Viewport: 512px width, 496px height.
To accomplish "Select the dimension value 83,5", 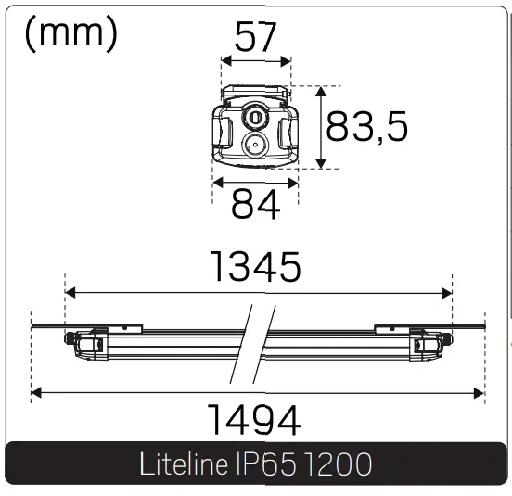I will tap(367, 128).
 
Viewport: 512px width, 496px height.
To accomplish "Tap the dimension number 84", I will tap(256, 206).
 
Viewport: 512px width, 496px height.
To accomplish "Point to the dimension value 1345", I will tap(256, 267).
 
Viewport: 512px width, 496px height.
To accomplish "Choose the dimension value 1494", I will tap(253, 421).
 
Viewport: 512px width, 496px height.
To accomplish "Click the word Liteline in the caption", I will tap(182, 464).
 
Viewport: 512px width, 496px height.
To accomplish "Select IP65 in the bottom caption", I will tap(263, 464).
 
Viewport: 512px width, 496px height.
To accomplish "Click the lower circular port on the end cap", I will tap(254, 145).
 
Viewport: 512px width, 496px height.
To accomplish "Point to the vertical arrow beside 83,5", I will tap(321, 128).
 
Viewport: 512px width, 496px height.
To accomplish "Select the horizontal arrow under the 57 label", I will tap(255, 62).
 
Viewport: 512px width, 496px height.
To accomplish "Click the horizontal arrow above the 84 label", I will tap(255, 183).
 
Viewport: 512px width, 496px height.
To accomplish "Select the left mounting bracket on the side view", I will tap(126, 327).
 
